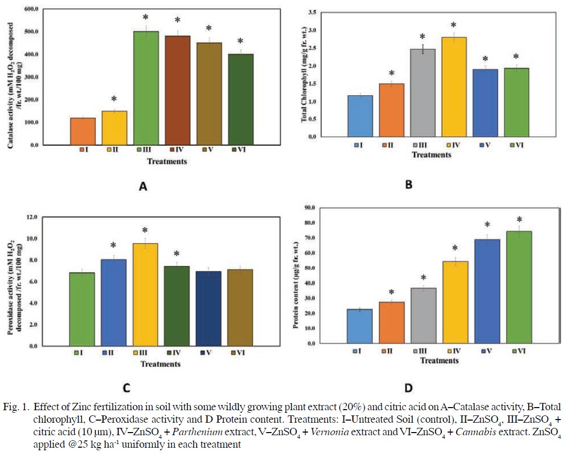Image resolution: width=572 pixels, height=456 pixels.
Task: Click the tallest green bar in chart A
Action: tap(147, 88)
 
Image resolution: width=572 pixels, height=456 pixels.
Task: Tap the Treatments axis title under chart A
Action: tap(167, 161)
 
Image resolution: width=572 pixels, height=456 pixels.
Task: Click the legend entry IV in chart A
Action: tap(176, 150)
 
